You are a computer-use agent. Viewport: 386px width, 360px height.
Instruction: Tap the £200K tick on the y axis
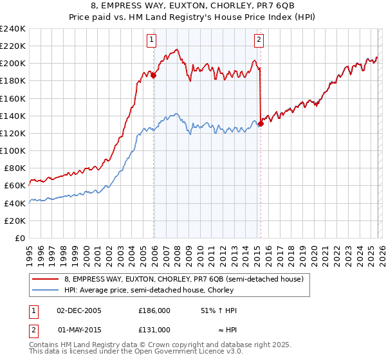[x=13, y=64]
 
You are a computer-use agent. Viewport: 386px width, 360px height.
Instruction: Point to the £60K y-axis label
[x=15, y=186]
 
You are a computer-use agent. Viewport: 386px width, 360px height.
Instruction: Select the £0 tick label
[x=21, y=238]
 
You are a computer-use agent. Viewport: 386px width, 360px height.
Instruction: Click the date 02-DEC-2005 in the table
[x=78, y=310]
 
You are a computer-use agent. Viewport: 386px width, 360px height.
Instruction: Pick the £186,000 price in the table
[x=154, y=310]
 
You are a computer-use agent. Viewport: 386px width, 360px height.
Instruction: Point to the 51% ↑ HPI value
[x=219, y=310]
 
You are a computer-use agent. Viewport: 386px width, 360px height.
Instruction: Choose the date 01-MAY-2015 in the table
[x=78, y=330]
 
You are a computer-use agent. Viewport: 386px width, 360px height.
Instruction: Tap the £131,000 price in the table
[x=154, y=330]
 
